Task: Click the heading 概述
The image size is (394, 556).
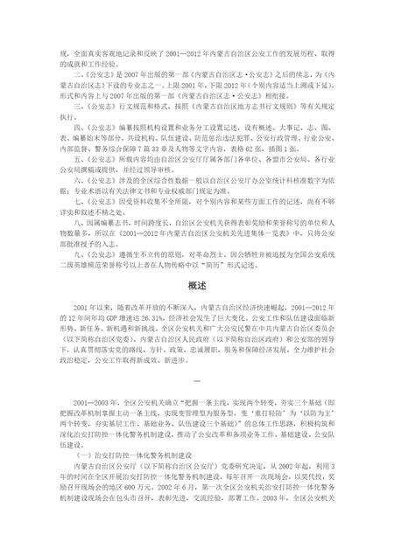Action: [x=196, y=285]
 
